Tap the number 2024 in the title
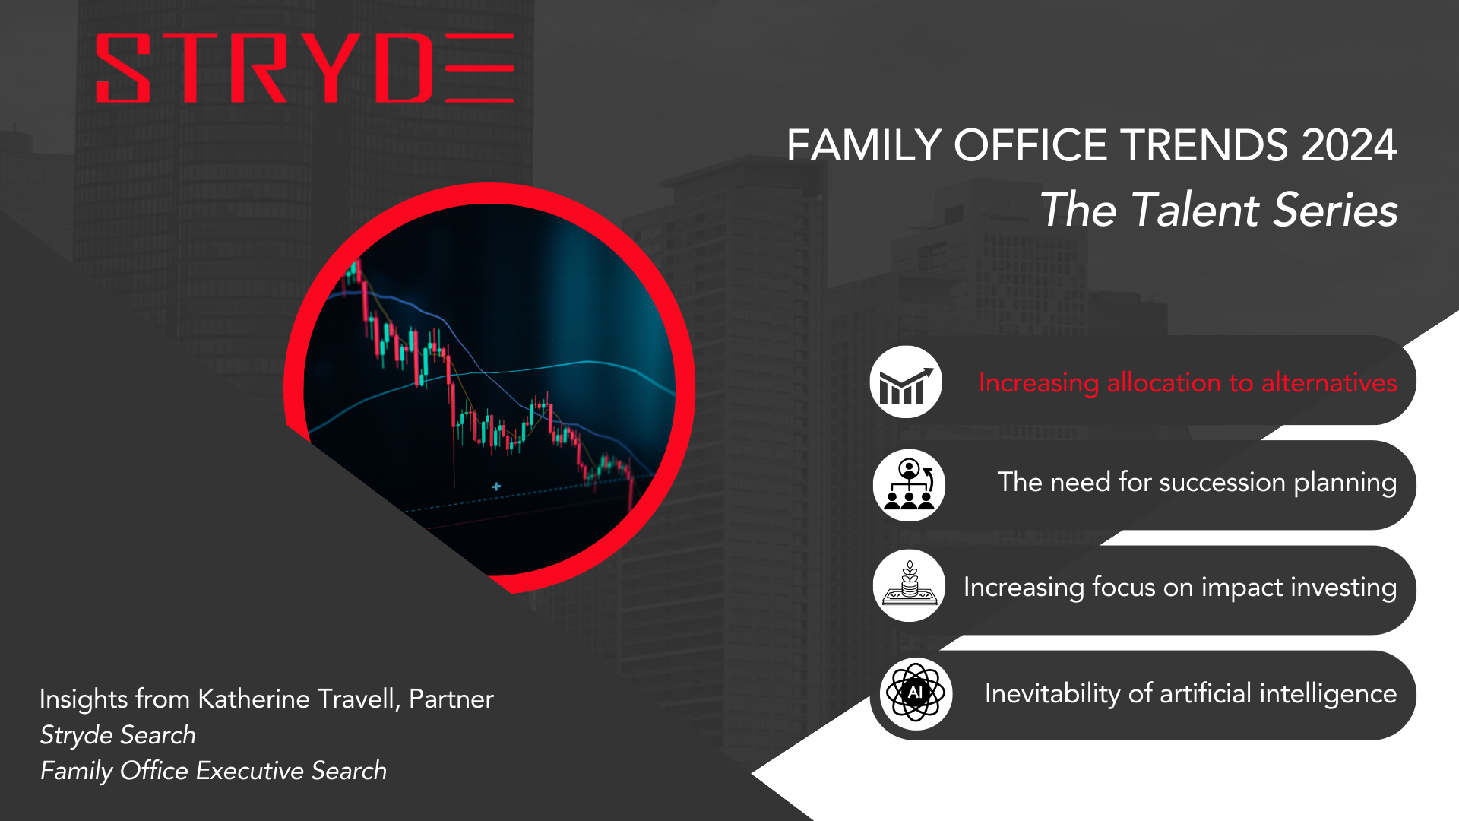(x=1349, y=145)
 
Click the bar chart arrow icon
(x=906, y=382)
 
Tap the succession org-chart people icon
(x=909, y=485)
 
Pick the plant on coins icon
(x=909, y=585)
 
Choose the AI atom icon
(x=916, y=693)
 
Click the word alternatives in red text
(x=1329, y=382)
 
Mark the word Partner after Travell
(x=451, y=699)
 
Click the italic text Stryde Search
(x=118, y=735)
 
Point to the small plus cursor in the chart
(x=496, y=487)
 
